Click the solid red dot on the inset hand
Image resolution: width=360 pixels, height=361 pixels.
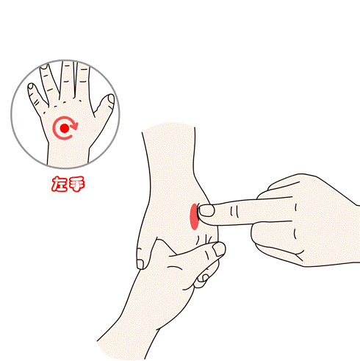(65, 128)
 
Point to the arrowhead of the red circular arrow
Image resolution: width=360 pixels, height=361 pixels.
(73, 126)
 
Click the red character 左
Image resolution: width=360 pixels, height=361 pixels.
(60, 184)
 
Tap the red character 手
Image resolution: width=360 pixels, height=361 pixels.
(76, 184)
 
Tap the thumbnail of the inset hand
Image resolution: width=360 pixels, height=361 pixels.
(111, 99)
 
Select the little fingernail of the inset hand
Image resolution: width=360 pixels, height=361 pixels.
(31, 86)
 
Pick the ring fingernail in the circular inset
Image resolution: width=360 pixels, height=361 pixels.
(44, 66)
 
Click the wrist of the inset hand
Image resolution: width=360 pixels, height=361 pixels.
(68, 154)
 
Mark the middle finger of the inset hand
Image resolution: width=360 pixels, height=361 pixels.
(68, 79)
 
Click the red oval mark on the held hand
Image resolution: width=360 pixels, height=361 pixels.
(194, 217)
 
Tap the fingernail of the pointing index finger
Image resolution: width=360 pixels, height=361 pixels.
(206, 211)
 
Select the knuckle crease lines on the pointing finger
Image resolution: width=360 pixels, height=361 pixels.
(234, 212)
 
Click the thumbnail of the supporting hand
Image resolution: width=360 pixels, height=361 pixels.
(219, 249)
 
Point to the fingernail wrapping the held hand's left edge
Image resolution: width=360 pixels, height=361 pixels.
(140, 264)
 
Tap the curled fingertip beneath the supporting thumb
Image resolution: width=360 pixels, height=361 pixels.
(203, 278)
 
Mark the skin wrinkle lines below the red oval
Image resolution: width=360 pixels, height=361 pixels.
(205, 239)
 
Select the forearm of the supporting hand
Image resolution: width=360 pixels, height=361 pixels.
(137, 318)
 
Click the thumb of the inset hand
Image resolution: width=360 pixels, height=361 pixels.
(104, 109)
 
